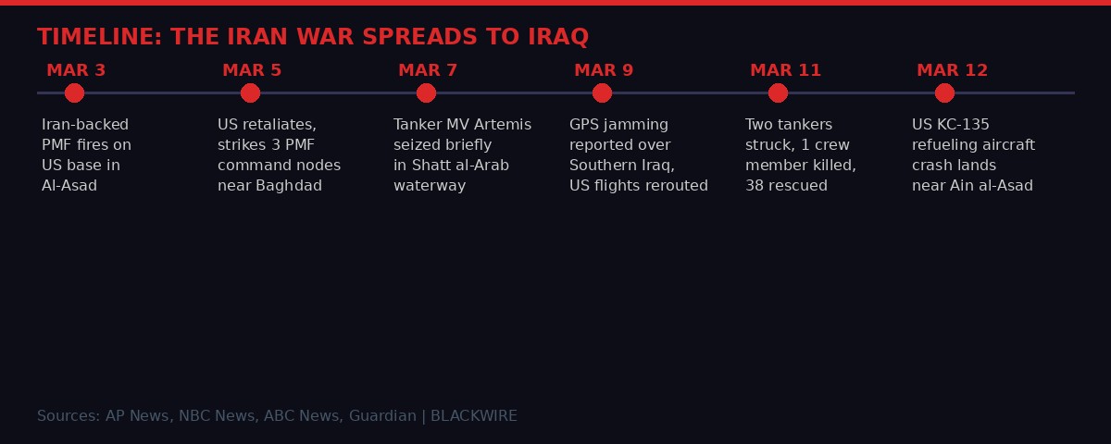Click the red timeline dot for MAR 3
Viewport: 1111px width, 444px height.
click(x=74, y=92)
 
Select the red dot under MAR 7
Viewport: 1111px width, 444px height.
click(x=426, y=92)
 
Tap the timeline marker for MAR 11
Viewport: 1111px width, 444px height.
click(x=778, y=92)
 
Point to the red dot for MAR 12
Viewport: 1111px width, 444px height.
click(x=944, y=92)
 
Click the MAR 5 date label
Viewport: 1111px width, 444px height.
click(x=252, y=70)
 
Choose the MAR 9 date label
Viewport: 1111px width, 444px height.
click(x=604, y=70)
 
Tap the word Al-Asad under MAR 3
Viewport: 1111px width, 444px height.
click(x=69, y=186)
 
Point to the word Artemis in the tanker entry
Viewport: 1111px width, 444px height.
click(x=503, y=125)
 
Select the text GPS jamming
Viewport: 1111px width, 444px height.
click(x=618, y=125)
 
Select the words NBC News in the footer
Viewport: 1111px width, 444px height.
click(x=217, y=416)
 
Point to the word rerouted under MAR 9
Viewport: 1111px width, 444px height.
click(x=676, y=186)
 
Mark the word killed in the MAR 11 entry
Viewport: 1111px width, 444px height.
click(x=832, y=166)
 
